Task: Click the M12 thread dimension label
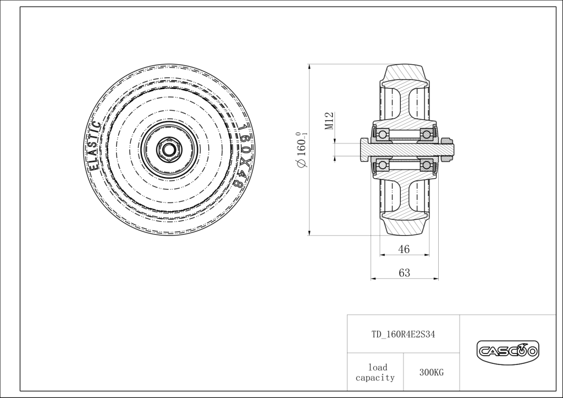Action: click(x=330, y=120)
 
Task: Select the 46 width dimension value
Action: click(x=404, y=249)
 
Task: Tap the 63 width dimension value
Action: click(x=404, y=273)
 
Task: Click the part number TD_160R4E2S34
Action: click(x=403, y=334)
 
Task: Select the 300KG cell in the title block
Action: click(x=432, y=373)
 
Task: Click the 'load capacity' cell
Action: click(x=375, y=372)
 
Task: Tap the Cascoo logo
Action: click(x=507, y=350)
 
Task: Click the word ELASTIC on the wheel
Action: click(x=93, y=146)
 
